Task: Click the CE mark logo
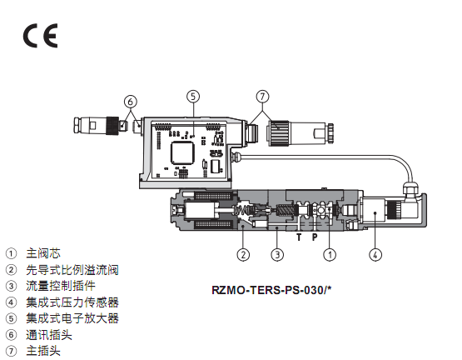40,36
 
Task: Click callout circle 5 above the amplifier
193,96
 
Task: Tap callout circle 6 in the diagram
130,102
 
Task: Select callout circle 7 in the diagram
262,96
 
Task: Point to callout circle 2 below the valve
243,255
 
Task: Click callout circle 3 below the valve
277,255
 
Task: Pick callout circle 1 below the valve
330,255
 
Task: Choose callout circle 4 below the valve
375,255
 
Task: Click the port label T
299,237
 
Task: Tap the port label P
315,237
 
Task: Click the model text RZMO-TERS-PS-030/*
271,290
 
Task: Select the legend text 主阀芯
43,253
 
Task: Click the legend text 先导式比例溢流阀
72,270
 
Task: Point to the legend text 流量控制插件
61,286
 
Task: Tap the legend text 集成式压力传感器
72,302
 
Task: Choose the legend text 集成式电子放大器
72,318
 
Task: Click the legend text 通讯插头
49,335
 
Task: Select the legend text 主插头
43,351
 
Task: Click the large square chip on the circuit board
182,152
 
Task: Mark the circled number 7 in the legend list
11,351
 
